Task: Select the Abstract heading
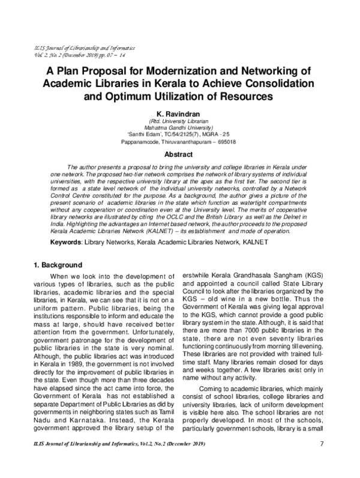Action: pyautogui.click(x=180, y=154)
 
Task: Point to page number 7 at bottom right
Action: pyautogui.click(x=322, y=461)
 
